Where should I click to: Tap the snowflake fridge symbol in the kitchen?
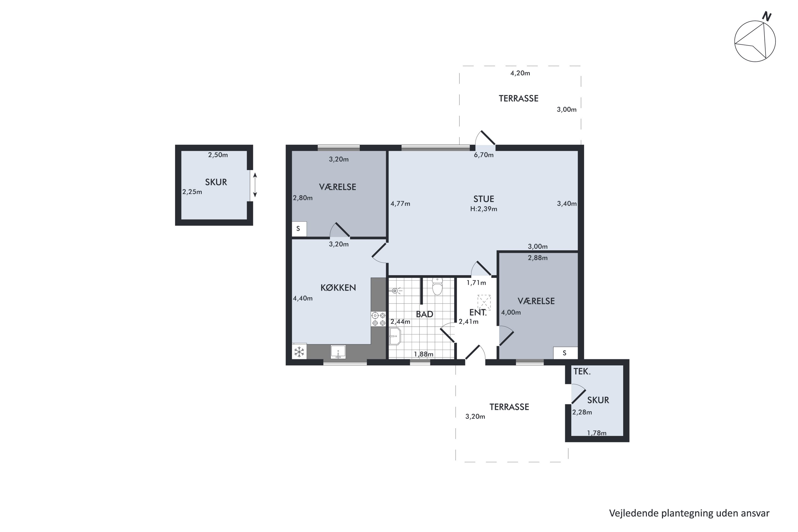pyautogui.click(x=299, y=352)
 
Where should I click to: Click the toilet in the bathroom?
pyautogui.click(x=437, y=286)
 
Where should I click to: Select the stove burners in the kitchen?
pyautogui.click(x=379, y=319)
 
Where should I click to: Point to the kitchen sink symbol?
pyautogui.click(x=338, y=352)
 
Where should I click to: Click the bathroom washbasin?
pyautogui.click(x=395, y=336)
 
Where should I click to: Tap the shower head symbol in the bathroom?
pyautogui.click(x=396, y=291)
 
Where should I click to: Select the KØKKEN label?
pyautogui.click(x=338, y=288)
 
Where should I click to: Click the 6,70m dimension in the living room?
pyautogui.click(x=484, y=155)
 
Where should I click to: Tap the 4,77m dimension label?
pyautogui.click(x=400, y=204)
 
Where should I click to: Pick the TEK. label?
pyautogui.click(x=582, y=372)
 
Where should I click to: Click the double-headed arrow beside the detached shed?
pyautogui.click(x=255, y=185)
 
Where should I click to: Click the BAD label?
pyautogui.click(x=425, y=314)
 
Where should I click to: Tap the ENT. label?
pyautogui.click(x=478, y=313)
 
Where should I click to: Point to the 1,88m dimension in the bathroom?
pyautogui.click(x=423, y=354)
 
